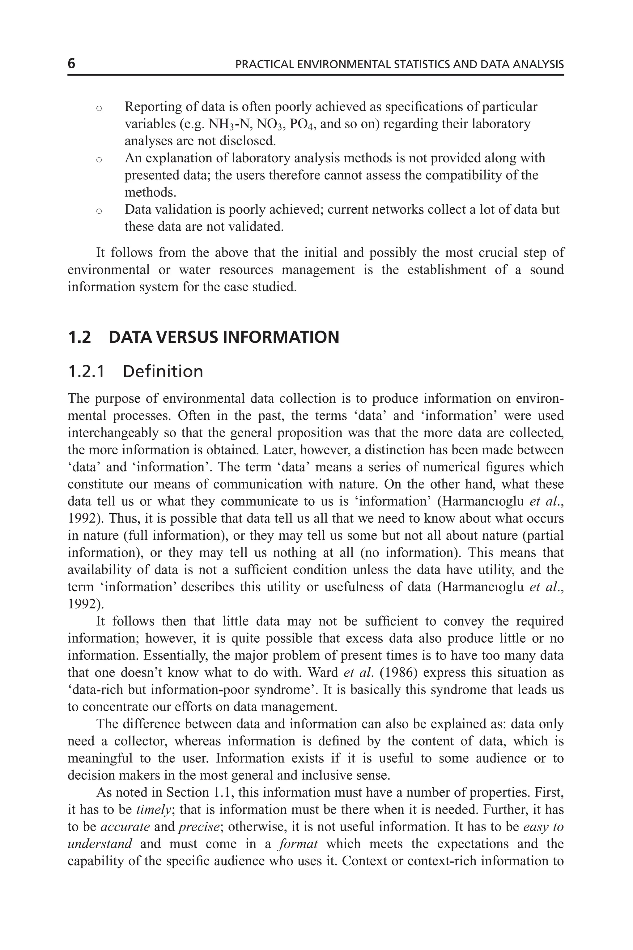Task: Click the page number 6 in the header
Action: pyautogui.click(x=71, y=64)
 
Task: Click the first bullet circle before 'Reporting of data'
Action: pyautogui.click(x=99, y=108)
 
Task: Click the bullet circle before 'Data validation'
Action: pyautogui.click(x=99, y=211)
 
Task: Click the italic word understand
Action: pyautogui.click(x=100, y=844)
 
